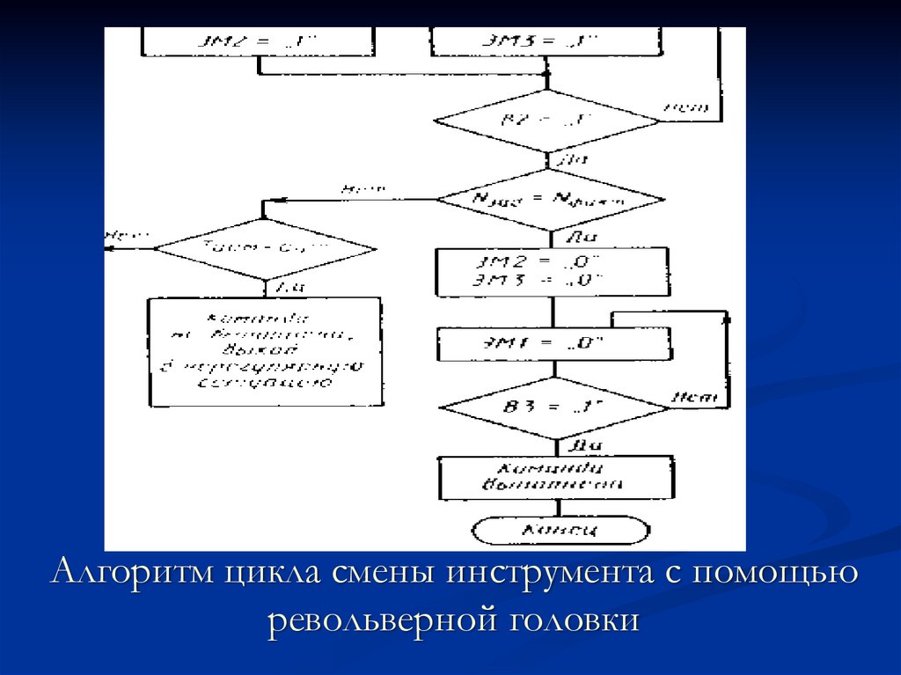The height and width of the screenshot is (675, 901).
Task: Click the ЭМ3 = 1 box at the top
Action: [546, 40]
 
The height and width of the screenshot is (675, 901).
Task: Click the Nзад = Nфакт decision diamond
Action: [551, 200]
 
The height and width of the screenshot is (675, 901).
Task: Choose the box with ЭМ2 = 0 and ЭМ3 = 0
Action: [552, 271]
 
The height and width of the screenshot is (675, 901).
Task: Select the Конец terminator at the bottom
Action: [560, 530]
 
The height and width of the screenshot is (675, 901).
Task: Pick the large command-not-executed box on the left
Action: [265, 351]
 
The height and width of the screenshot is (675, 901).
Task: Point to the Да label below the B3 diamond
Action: [582, 444]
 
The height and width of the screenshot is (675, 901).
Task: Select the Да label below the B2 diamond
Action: [572, 160]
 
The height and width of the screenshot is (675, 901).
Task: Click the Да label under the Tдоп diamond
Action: [289, 287]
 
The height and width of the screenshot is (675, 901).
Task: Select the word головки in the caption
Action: [572, 619]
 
